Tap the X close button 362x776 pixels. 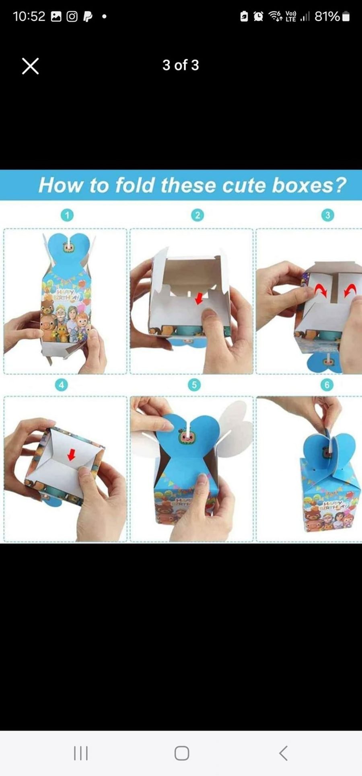(x=30, y=66)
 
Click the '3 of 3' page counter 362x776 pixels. (x=181, y=65)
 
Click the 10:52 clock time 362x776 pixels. (x=29, y=16)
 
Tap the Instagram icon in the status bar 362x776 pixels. (x=72, y=16)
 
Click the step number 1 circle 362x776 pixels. (x=67, y=216)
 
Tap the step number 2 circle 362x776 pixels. (x=197, y=216)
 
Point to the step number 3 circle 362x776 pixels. (x=327, y=216)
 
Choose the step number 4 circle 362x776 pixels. (x=61, y=385)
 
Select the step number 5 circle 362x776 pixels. (x=194, y=385)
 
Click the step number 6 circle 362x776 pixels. (x=327, y=385)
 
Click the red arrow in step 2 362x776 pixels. (x=198, y=298)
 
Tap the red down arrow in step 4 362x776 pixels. (x=72, y=455)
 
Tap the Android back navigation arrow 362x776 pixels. (x=283, y=753)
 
